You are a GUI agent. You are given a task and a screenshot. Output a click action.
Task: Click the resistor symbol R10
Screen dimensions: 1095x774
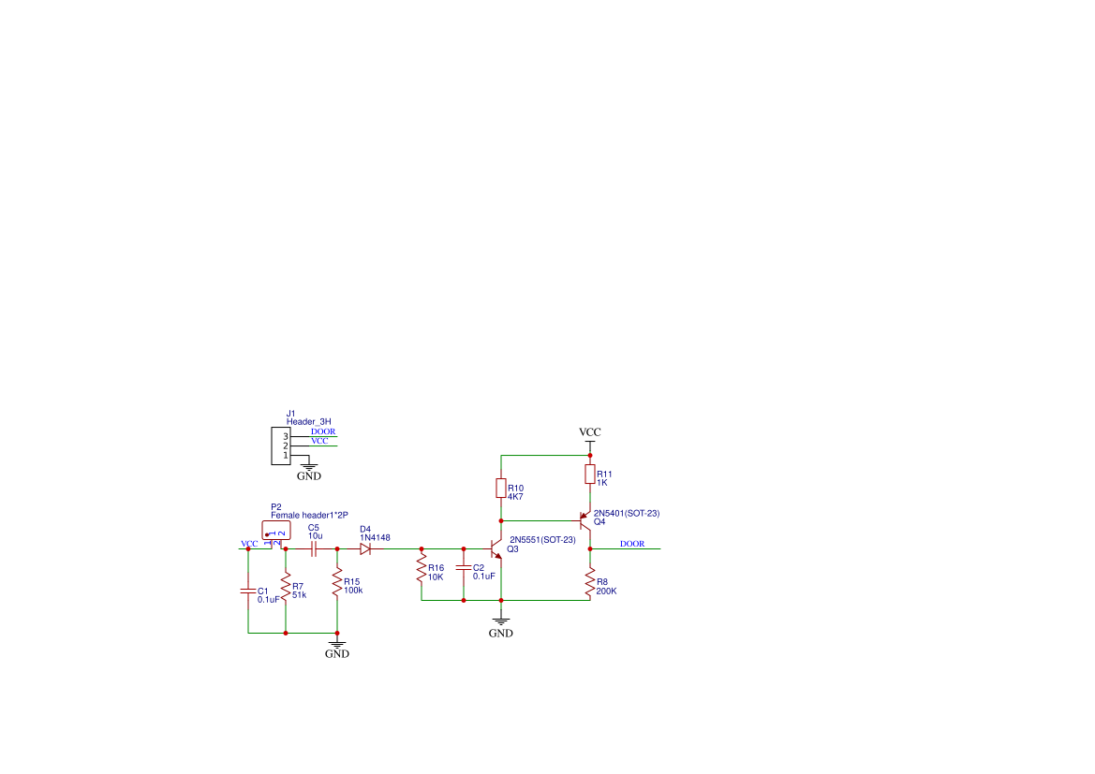[x=501, y=488]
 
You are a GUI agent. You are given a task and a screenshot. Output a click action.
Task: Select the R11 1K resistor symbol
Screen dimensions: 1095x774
[x=590, y=475]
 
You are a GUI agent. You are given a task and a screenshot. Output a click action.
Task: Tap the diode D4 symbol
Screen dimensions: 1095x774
[x=365, y=549]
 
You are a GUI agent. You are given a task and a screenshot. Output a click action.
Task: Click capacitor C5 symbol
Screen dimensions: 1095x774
[x=314, y=549]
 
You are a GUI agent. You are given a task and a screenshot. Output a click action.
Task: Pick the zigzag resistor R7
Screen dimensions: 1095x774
[x=286, y=586]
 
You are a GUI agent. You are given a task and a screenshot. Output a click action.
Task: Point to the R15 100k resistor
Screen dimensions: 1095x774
[x=337, y=582]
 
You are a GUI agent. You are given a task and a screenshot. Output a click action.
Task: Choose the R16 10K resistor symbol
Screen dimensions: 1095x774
[x=422, y=569]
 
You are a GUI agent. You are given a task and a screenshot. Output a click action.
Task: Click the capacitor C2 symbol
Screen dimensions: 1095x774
[x=464, y=568]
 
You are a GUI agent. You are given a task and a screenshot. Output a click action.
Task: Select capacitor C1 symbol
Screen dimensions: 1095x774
[x=248, y=591]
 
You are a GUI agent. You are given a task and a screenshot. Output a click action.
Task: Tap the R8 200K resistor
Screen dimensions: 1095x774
[x=590, y=582]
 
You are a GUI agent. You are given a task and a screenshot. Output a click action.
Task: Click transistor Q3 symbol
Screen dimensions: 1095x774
[x=496, y=548]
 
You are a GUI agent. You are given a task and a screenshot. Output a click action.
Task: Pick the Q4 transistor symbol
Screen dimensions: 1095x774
[x=584, y=520]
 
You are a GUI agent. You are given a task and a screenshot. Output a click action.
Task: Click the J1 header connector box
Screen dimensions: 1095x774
[x=281, y=446]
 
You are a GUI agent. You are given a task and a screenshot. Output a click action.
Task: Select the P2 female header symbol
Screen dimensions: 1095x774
[x=275, y=531]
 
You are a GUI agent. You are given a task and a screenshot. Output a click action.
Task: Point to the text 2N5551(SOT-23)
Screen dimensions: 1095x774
[x=542, y=539]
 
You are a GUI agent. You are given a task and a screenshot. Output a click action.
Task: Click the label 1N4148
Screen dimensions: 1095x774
[x=375, y=538]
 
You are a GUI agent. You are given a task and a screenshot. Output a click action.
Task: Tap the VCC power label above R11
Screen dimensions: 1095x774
[x=590, y=432]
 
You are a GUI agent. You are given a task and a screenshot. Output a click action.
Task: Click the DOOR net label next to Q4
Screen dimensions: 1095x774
[x=632, y=544]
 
